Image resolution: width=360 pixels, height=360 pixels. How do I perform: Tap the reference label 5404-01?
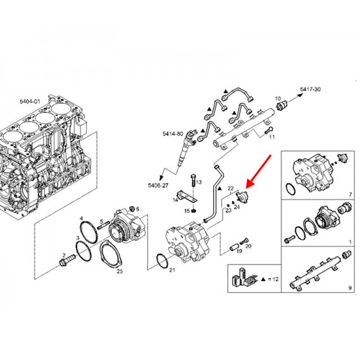(x=30, y=102)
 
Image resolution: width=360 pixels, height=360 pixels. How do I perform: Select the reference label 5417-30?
(x=310, y=89)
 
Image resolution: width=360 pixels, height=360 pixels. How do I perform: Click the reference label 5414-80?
(x=173, y=133)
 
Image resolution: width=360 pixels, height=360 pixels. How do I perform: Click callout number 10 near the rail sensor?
(x=278, y=98)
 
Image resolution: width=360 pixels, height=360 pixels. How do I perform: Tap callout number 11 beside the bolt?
(x=272, y=137)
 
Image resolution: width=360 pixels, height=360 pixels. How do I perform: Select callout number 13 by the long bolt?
(x=199, y=182)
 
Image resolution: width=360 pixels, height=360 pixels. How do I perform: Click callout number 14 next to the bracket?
(x=176, y=200)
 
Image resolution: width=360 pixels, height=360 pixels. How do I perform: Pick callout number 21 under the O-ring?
(x=172, y=270)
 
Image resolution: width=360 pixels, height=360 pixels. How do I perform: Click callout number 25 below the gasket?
(x=120, y=271)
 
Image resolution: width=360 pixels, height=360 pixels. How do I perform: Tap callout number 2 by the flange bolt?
(x=64, y=255)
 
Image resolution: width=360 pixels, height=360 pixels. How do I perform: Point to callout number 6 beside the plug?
(x=137, y=209)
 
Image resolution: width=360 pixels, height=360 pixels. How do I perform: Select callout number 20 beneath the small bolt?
(x=248, y=246)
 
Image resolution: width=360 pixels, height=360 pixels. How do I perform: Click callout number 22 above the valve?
(x=231, y=188)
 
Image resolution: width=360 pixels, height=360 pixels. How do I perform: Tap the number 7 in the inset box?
(x=350, y=195)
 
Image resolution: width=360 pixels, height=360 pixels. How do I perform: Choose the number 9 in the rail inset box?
(x=350, y=287)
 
